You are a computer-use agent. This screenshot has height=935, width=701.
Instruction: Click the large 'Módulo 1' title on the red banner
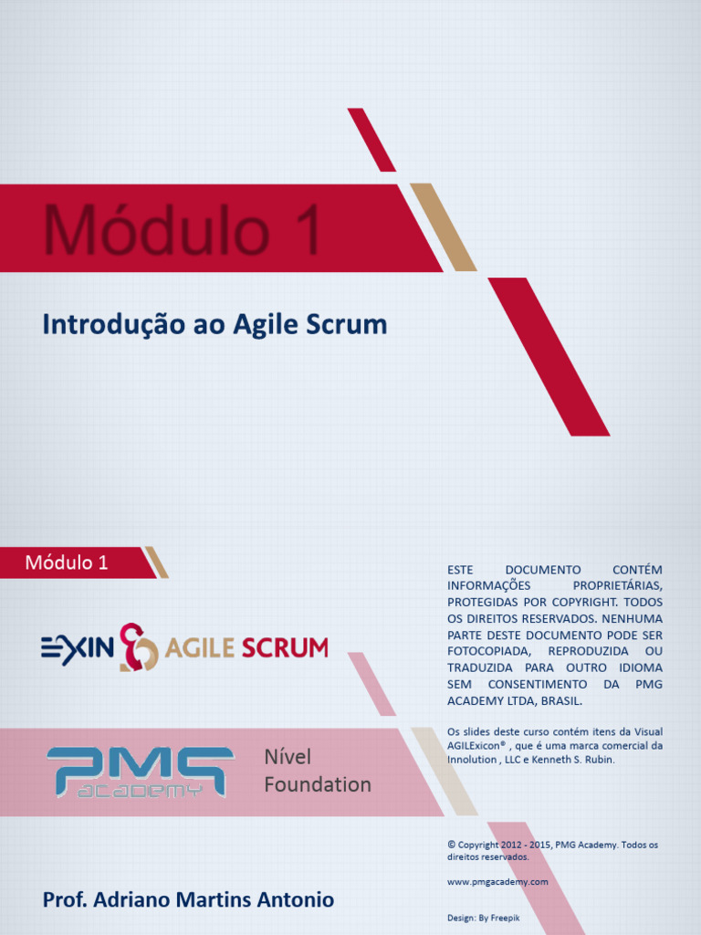(x=183, y=230)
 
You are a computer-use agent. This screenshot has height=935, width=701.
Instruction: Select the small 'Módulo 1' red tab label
(x=67, y=562)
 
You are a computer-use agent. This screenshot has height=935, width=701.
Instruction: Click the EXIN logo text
(x=78, y=648)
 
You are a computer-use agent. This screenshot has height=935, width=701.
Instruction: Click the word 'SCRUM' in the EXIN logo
(x=284, y=648)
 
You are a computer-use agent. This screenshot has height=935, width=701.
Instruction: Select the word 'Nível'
(x=288, y=757)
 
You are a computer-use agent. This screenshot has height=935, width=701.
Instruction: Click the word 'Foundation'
(x=318, y=784)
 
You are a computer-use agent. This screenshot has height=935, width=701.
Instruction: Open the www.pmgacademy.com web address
(x=497, y=881)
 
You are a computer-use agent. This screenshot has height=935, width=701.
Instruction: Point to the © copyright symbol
(x=451, y=845)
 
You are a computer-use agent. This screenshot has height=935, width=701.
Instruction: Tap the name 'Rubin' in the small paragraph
(x=600, y=759)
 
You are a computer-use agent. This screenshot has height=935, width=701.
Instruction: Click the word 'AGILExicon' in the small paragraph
(x=476, y=745)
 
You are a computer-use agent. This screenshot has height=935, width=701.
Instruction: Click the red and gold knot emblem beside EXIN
(x=139, y=647)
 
